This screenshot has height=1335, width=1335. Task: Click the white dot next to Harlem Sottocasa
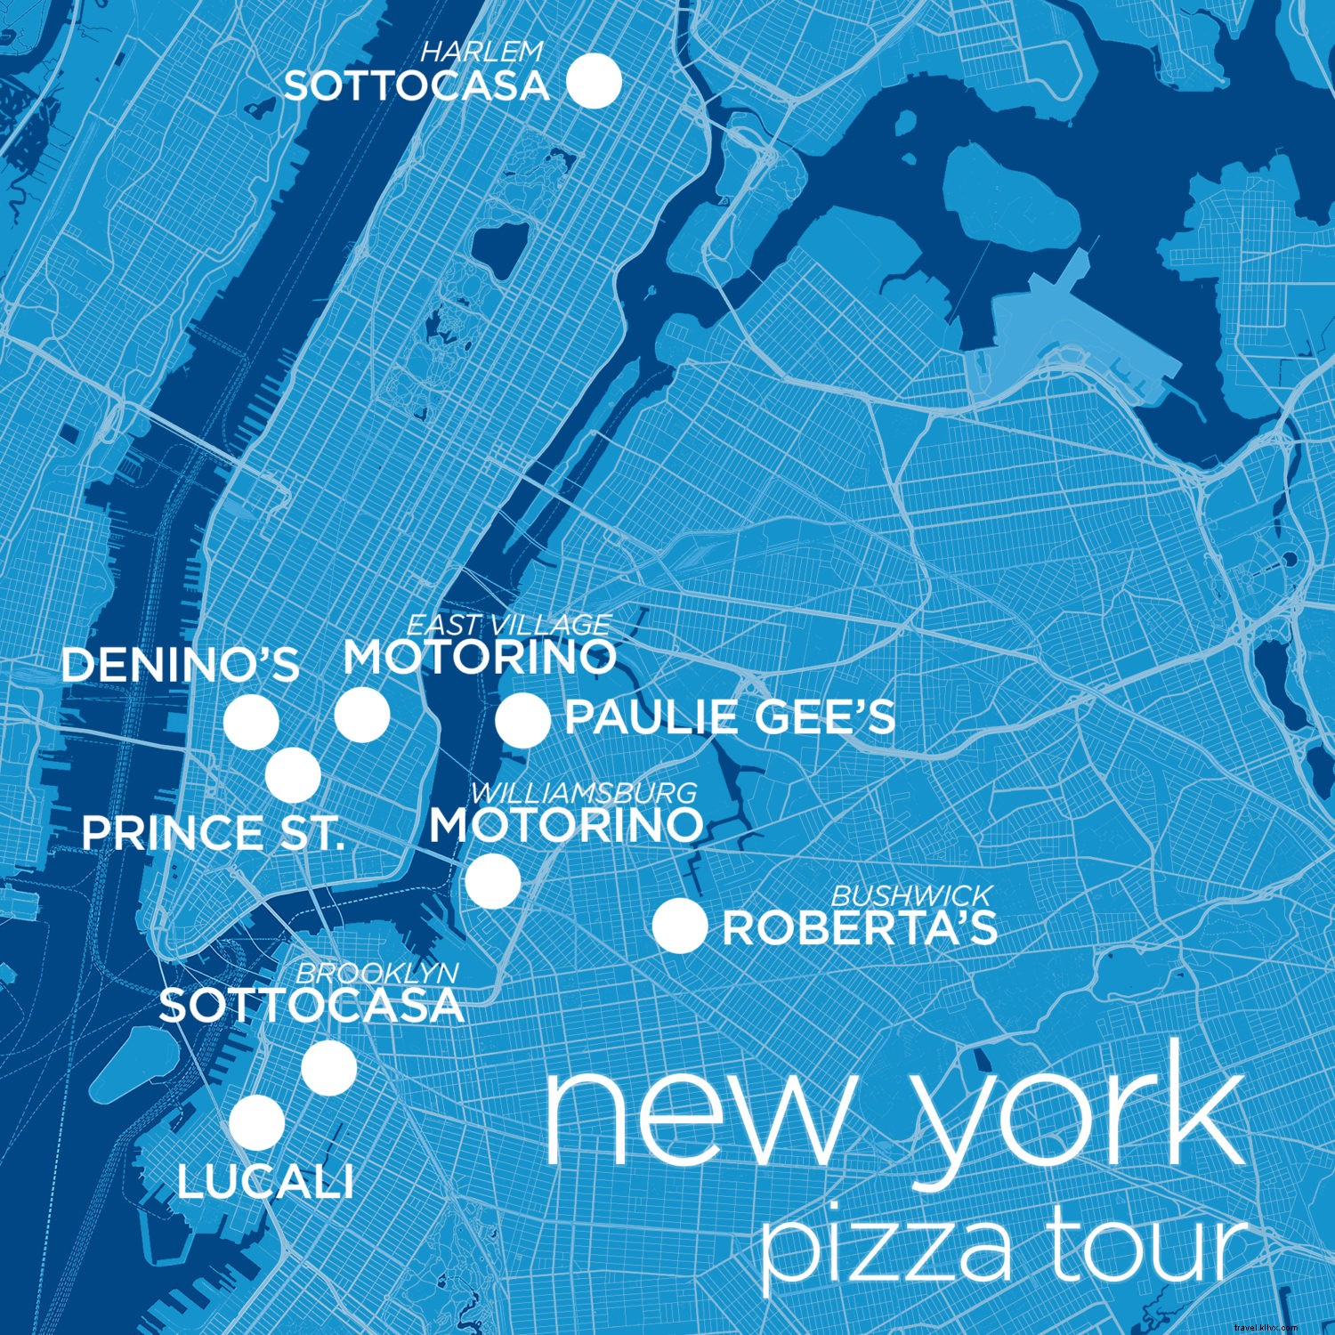[x=594, y=81]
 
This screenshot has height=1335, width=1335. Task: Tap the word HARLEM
[x=481, y=52]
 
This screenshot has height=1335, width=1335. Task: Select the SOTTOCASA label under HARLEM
[x=417, y=86]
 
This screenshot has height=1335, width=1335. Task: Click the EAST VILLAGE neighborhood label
[x=509, y=625]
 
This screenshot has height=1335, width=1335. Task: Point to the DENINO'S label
[x=181, y=666]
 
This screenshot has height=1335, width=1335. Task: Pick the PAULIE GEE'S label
[x=730, y=718]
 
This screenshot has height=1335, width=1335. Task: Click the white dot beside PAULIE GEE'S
[x=523, y=720]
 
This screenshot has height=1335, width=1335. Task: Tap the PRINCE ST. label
[x=213, y=834]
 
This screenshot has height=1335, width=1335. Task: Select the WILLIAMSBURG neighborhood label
[x=584, y=792]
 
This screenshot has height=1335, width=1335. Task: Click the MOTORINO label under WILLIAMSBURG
[x=566, y=825]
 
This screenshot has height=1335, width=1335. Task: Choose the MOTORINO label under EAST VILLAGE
[x=481, y=658]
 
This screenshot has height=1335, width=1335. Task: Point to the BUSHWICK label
[x=910, y=895]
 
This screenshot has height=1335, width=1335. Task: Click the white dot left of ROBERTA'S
[x=680, y=926]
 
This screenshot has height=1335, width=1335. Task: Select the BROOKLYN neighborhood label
[x=377, y=973]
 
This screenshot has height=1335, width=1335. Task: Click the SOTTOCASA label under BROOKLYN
[x=311, y=1007]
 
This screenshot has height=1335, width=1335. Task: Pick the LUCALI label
[x=265, y=1183]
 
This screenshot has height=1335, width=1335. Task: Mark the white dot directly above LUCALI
[x=257, y=1122]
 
